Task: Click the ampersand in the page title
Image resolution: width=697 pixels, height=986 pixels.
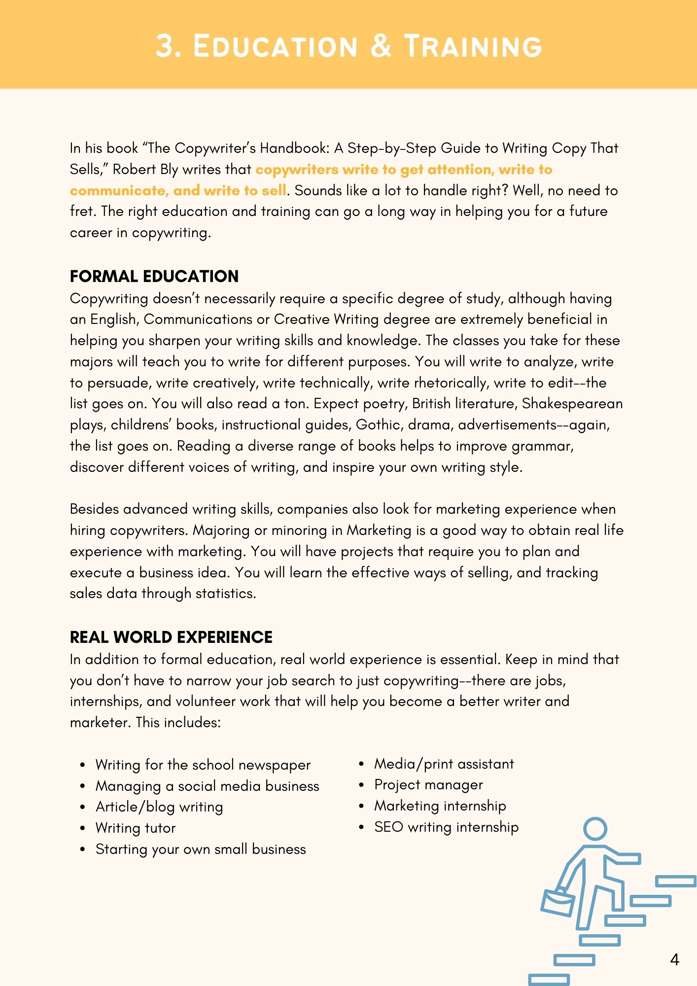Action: click(381, 46)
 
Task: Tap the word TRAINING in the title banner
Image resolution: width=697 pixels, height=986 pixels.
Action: click(473, 47)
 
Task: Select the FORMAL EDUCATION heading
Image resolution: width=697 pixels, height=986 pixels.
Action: click(154, 276)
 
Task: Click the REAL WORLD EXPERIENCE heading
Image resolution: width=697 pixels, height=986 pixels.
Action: click(171, 637)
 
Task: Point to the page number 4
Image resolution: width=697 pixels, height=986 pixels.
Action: click(675, 959)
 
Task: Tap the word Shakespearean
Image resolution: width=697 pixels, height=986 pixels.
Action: click(572, 404)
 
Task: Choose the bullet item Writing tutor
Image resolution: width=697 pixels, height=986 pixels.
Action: click(136, 828)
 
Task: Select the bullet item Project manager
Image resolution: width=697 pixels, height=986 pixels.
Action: click(428, 785)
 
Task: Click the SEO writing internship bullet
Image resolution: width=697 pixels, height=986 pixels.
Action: click(446, 827)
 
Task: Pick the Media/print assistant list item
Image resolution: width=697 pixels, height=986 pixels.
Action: click(444, 764)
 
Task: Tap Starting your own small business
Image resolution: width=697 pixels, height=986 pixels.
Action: click(201, 849)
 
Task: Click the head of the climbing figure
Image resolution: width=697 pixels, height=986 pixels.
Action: click(595, 829)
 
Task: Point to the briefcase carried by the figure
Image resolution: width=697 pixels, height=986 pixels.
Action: click(558, 902)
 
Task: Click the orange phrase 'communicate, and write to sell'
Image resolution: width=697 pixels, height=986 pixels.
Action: click(178, 191)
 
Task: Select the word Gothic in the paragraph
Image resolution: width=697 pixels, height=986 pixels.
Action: click(378, 425)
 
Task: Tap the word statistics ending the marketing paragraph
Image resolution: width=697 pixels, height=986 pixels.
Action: click(225, 594)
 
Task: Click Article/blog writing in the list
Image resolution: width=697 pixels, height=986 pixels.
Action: click(159, 807)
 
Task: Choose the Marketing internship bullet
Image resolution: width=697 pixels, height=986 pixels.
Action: click(440, 806)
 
